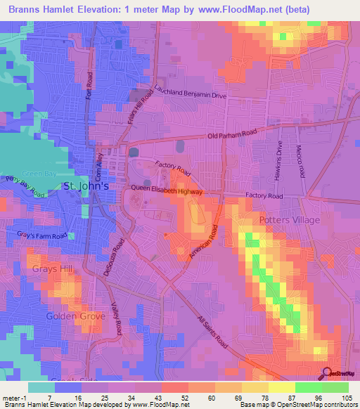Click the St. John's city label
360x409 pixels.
(x=86, y=187)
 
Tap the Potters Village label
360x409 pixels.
(x=288, y=220)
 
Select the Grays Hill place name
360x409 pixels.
(x=50, y=268)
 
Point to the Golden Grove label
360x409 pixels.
(x=75, y=316)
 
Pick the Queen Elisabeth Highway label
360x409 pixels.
(x=167, y=191)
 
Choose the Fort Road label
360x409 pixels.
(x=89, y=84)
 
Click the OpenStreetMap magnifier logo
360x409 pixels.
(x=328, y=373)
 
